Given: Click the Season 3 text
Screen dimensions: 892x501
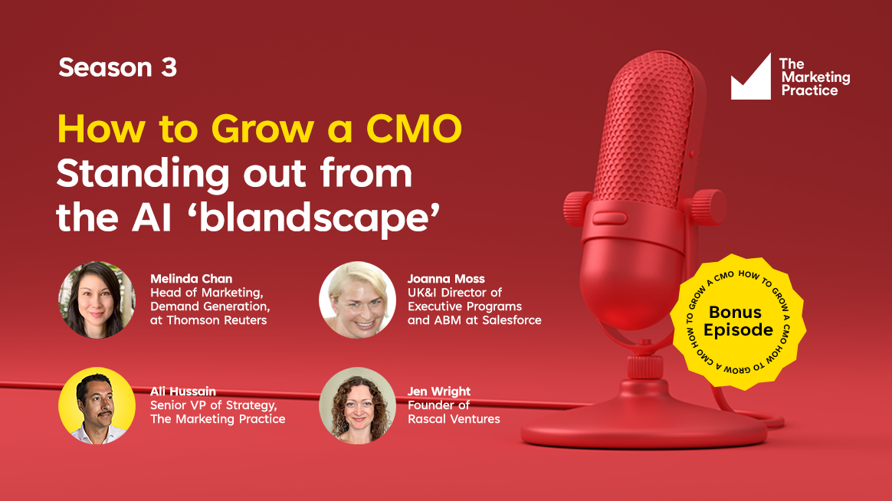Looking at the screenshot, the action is [x=118, y=67].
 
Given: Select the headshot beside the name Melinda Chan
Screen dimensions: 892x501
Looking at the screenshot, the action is [x=97, y=300].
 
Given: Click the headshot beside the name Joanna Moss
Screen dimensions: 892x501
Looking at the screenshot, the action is [x=357, y=300].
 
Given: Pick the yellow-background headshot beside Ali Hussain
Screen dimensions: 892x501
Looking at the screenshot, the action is [x=97, y=405].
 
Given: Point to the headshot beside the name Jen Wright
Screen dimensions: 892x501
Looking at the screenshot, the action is [x=357, y=405].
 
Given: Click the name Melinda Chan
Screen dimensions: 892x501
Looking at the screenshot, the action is [x=191, y=279].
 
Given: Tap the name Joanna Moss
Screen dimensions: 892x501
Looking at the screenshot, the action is [x=446, y=279].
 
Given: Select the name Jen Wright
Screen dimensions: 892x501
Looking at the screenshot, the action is [x=439, y=391].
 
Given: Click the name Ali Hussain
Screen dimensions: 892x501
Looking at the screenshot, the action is [x=183, y=391].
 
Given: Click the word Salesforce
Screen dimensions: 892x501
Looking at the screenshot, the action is [x=512, y=320].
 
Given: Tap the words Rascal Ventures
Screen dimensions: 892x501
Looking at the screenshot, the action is [x=454, y=419].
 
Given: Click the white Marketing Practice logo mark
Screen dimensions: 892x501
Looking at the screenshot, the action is [x=751, y=77].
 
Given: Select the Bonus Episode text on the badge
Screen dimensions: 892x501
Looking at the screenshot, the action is [x=738, y=321].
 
